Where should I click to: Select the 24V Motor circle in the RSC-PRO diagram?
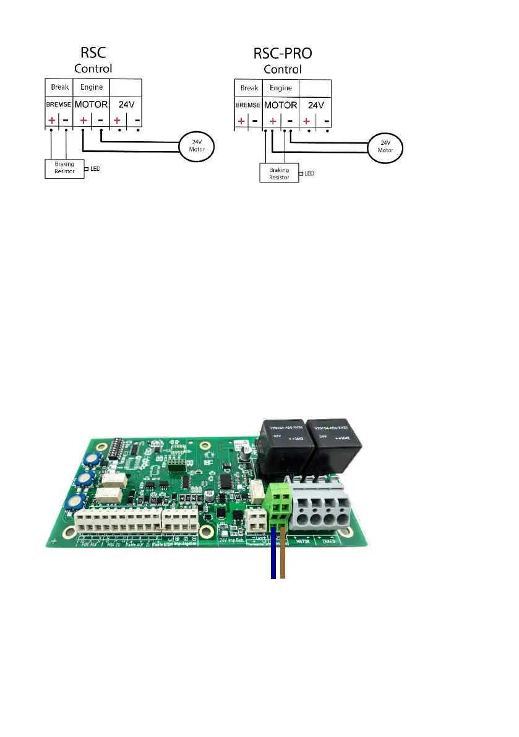click(385, 147)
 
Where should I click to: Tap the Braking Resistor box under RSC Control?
click(64, 168)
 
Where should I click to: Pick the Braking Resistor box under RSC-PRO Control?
click(278, 173)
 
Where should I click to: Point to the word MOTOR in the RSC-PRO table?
click(281, 105)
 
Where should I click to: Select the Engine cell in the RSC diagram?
click(91, 87)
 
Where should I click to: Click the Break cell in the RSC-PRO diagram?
click(249, 88)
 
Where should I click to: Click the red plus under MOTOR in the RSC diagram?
click(83, 119)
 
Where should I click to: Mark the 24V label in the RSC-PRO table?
click(316, 105)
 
